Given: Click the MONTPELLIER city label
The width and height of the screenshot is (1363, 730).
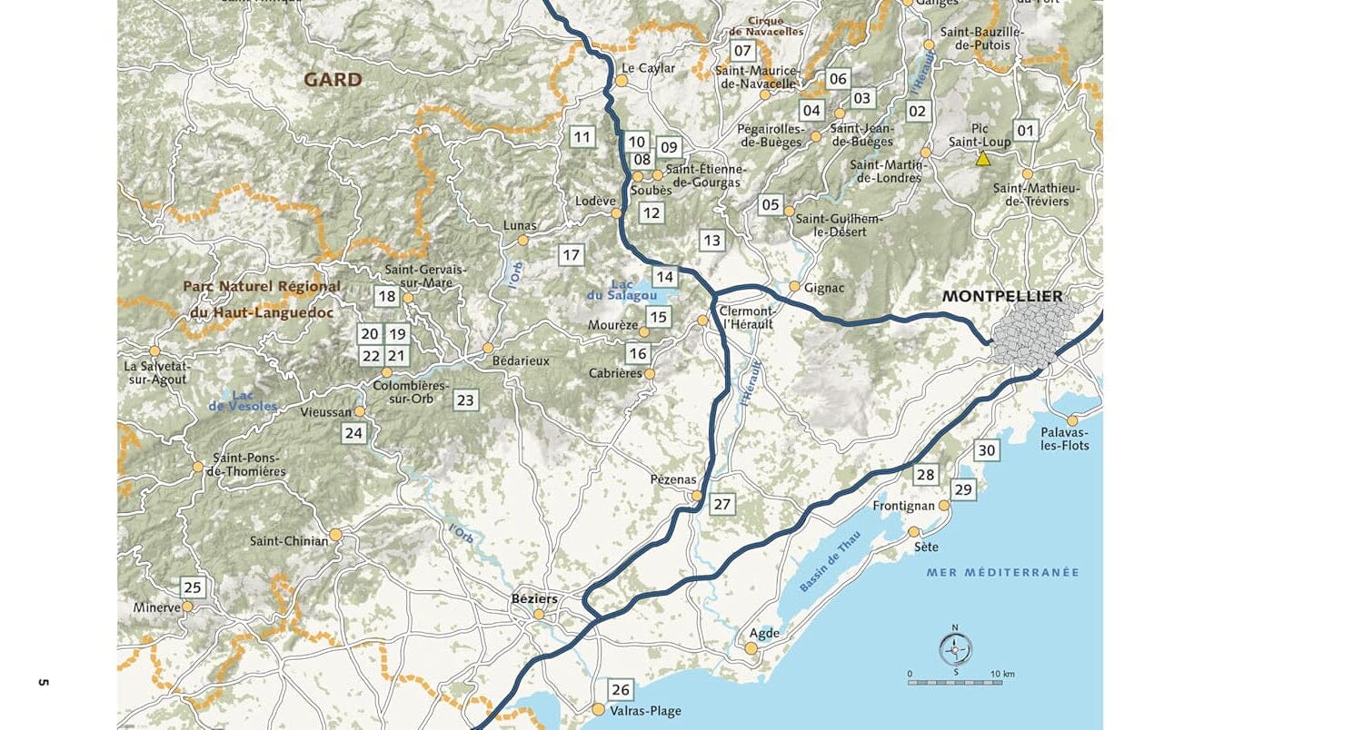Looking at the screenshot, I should pyautogui.click(x=1001, y=296).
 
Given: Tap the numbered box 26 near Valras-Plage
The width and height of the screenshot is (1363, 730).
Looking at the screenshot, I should pyautogui.click(x=621, y=689).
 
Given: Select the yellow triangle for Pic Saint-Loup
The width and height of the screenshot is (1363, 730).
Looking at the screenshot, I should pyautogui.click(x=982, y=158).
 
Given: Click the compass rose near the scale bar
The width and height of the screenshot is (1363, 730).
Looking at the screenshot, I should pyautogui.click(x=955, y=648).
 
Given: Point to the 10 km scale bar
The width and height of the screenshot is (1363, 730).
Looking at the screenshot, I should pyautogui.click(x=955, y=682).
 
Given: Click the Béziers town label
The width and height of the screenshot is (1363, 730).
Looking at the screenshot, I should pyautogui.click(x=534, y=598).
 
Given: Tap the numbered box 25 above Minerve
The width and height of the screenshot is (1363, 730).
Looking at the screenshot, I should pyautogui.click(x=192, y=587).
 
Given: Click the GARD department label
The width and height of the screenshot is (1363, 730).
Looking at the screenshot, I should pyautogui.click(x=333, y=80).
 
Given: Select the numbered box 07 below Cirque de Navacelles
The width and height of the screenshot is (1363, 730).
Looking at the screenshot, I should pyautogui.click(x=742, y=51).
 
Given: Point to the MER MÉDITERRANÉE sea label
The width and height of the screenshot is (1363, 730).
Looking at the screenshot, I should pyautogui.click(x=1002, y=572).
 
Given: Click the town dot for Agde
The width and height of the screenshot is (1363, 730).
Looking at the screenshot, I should pyautogui.click(x=751, y=648).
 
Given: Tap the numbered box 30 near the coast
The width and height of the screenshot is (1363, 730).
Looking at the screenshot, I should pyautogui.click(x=986, y=450).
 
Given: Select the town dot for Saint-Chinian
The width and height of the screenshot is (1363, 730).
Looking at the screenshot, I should pyautogui.click(x=335, y=535).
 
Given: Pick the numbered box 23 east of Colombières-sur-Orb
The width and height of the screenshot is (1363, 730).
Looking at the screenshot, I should pyautogui.click(x=465, y=400).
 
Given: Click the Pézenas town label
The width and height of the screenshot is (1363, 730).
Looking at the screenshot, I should pyautogui.click(x=673, y=479).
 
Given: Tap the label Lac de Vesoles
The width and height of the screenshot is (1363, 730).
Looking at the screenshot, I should pyautogui.click(x=243, y=400).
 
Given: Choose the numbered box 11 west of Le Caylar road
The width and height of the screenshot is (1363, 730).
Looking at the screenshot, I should pyautogui.click(x=582, y=138).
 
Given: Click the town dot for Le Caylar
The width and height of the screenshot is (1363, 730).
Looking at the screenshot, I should pyautogui.click(x=622, y=81).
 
